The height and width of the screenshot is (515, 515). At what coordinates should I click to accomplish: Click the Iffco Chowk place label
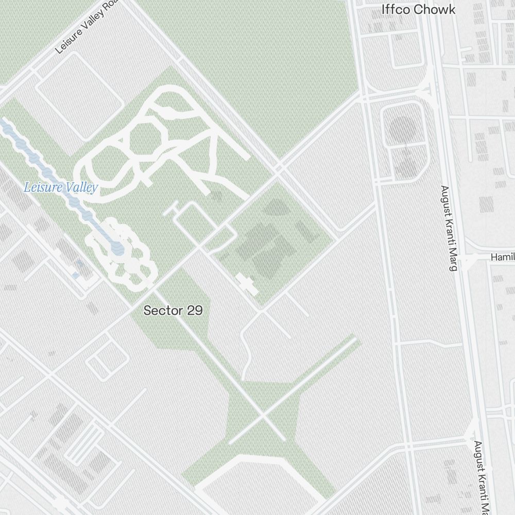click(418, 9)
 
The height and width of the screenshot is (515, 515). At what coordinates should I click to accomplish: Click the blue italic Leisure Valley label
click(61, 187)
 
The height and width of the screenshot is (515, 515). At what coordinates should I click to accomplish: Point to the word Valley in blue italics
click(80, 187)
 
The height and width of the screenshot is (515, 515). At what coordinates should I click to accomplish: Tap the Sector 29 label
click(173, 311)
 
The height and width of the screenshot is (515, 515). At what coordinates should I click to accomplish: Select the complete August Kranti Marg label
click(448, 228)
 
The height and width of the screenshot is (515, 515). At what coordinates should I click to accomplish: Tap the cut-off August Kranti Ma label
click(481, 476)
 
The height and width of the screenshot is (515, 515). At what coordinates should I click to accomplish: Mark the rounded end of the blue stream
click(118, 249)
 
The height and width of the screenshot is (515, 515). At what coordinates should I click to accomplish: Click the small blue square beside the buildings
click(79, 264)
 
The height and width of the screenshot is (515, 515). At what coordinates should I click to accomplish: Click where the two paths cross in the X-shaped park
click(263, 415)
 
